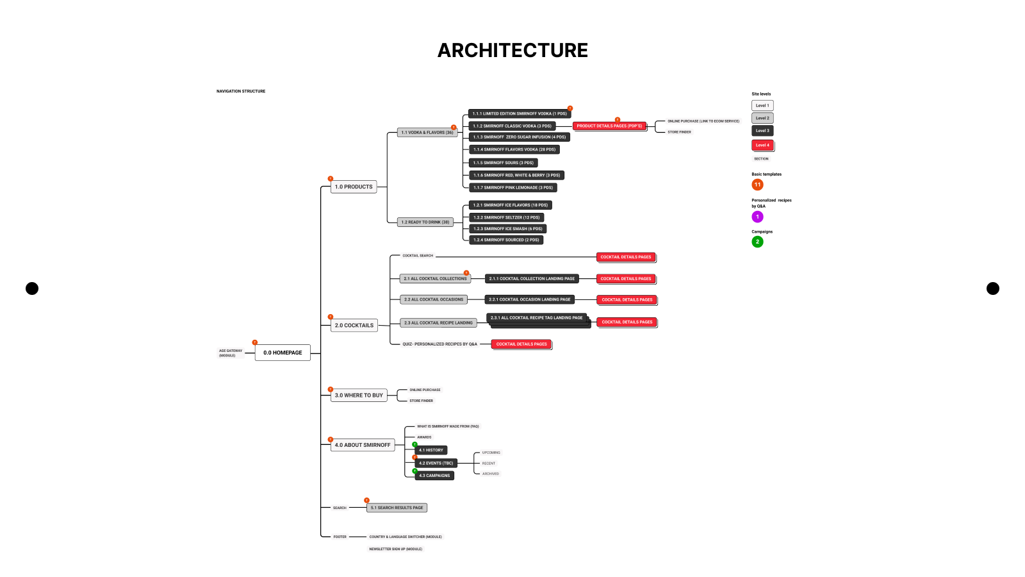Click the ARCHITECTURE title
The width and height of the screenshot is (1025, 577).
tap(512, 51)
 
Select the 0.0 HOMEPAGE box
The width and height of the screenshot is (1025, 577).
tap(283, 353)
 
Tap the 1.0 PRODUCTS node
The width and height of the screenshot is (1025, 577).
tap(354, 187)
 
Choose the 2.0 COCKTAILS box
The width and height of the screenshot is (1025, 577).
tap(354, 326)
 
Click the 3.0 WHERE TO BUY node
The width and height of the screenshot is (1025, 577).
tap(359, 396)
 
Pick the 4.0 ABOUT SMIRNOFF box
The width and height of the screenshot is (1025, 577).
tap(363, 445)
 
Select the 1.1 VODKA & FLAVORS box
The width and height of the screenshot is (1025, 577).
tap(427, 133)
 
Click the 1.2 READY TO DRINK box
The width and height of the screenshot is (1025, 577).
tap(425, 222)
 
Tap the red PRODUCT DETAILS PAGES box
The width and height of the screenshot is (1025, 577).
tap(609, 126)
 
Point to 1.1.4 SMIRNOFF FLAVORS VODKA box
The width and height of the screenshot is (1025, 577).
tap(514, 149)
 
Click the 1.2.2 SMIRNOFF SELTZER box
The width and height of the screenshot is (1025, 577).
tap(506, 217)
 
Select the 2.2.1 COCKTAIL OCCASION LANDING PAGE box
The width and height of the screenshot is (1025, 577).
tap(529, 299)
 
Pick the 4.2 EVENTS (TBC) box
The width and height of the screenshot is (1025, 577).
tap(436, 463)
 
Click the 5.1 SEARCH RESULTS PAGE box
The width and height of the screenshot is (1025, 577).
tap(397, 508)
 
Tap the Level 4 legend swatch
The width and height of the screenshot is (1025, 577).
tap(762, 145)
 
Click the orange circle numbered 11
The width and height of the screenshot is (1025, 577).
tap(757, 185)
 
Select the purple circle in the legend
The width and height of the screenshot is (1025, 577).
tap(757, 217)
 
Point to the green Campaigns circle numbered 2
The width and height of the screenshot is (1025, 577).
tap(757, 242)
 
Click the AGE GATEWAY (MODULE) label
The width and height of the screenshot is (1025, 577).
tap(231, 353)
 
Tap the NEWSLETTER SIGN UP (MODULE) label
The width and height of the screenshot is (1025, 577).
tap(395, 549)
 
